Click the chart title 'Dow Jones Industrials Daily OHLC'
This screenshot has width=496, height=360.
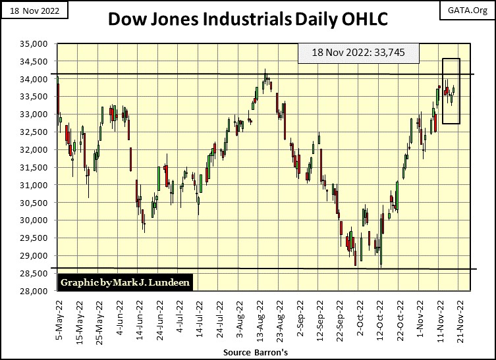click(248, 20)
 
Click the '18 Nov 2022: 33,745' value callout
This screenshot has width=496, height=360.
click(358, 54)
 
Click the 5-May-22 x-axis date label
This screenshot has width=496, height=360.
click(58, 315)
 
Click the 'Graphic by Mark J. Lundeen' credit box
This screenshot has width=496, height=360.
click(115, 282)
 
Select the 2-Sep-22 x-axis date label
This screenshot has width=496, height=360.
click(300, 315)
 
